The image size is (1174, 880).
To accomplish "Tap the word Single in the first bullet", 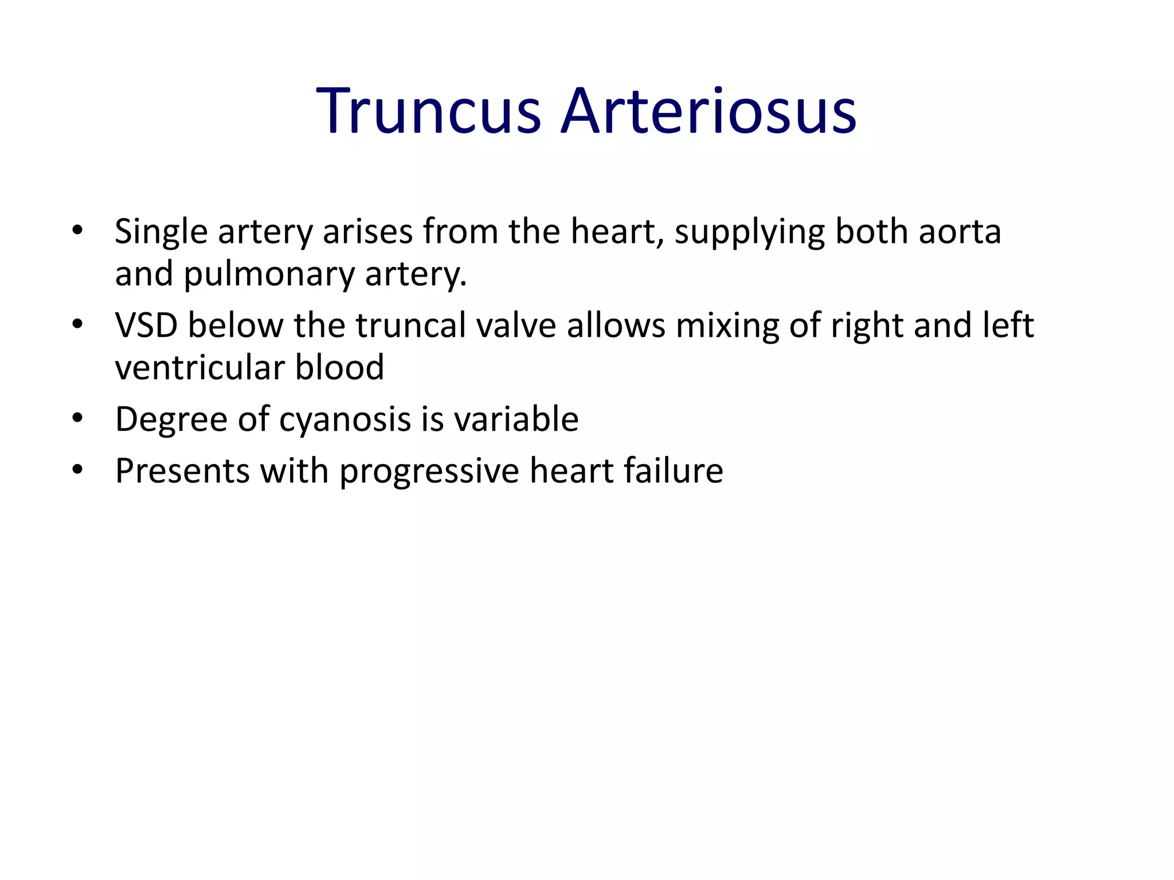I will [x=161, y=233].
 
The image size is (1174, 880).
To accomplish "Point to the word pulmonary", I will [x=269, y=275].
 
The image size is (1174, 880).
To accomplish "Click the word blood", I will [x=339, y=367].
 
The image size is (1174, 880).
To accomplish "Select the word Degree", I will [x=171, y=420].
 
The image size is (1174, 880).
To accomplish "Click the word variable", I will [x=516, y=419].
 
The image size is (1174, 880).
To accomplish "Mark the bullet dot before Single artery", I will [x=77, y=231].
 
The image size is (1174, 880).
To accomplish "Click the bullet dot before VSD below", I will [x=77, y=325].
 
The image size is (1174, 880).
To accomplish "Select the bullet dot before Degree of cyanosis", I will [x=77, y=418].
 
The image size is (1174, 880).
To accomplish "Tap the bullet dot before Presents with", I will [x=77, y=470].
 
